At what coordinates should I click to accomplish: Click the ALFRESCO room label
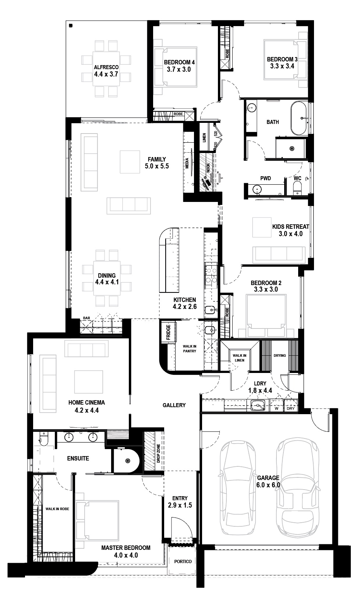pos(106,67)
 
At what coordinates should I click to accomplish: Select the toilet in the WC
pos(297,188)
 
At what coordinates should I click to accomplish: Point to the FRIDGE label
pos(169,332)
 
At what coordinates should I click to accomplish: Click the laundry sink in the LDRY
pos(258,405)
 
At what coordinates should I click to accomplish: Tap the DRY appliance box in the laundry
pos(291,405)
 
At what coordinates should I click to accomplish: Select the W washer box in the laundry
pos(276,405)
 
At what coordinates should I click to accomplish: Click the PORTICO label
pos(183,561)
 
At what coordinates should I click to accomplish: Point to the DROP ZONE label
pos(158,454)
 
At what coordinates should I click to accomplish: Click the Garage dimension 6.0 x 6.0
pos(268,485)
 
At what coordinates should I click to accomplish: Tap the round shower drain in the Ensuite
pos(127,461)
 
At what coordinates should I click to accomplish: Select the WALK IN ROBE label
pos(57,509)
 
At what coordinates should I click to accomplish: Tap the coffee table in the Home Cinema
pos(89,382)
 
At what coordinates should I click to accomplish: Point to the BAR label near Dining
pos(87,318)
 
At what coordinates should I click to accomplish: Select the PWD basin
pos(257,189)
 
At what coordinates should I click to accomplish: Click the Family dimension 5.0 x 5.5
pos(157,166)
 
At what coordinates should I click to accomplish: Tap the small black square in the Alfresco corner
pos(71,25)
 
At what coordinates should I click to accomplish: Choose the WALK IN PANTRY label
pos(190,349)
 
